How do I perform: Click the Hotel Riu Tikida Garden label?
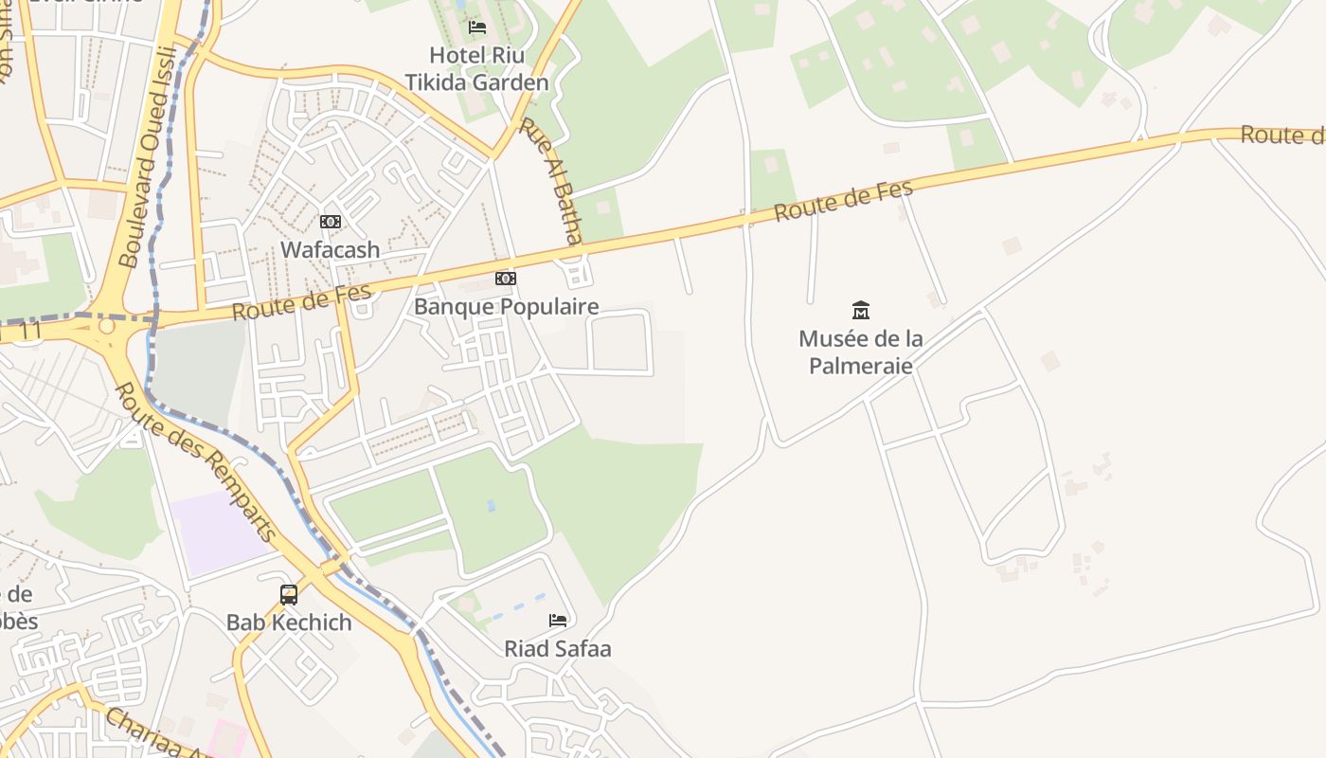click(476, 69)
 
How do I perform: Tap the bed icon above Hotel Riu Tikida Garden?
click(477, 27)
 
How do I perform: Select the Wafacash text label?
click(330, 250)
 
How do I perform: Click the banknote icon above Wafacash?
click(330, 222)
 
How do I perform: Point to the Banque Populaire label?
click(506, 306)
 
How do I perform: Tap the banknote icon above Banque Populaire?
click(506, 279)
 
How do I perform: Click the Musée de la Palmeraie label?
click(860, 352)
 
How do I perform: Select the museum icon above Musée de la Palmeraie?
click(860, 310)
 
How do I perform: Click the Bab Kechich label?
click(289, 623)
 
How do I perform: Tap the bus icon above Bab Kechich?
click(289, 594)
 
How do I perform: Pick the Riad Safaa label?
click(557, 649)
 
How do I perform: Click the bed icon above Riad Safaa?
click(558, 621)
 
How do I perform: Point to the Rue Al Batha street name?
click(564, 181)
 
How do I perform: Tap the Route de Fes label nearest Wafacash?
click(301, 303)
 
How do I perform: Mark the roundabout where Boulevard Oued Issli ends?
click(106, 326)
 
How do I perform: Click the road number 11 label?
click(30, 331)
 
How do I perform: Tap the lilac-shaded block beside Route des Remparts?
click(220, 532)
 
